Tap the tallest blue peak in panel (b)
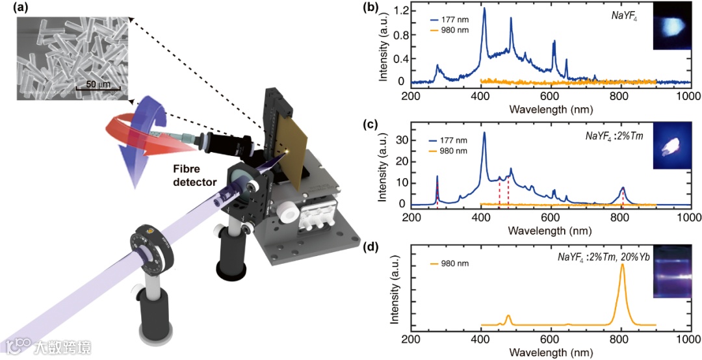coord(484,10)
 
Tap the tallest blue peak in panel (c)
coord(484,133)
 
